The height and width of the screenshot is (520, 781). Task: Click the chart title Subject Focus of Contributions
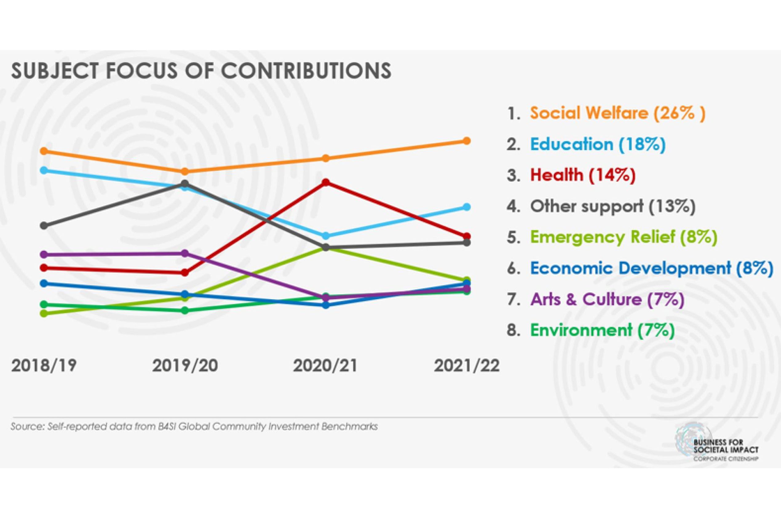(201, 71)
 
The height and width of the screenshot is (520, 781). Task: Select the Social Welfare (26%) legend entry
(617, 113)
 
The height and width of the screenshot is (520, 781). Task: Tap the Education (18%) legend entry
(597, 144)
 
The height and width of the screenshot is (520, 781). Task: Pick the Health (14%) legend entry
(582, 175)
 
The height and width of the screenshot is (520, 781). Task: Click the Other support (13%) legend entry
(613, 206)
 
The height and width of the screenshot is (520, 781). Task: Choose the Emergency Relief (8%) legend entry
(623, 237)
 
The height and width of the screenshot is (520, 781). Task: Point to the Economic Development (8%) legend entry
(651, 268)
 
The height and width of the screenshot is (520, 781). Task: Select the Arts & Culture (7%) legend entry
(607, 299)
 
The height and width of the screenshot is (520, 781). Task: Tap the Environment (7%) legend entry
(602, 330)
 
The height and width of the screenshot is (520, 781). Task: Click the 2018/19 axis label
(44, 366)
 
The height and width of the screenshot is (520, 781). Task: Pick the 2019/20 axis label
(185, 366)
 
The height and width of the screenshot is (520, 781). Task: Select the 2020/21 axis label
(325, 366)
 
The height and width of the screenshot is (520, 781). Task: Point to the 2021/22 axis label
(466, 366)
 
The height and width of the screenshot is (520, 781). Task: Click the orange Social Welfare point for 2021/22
(466, 141)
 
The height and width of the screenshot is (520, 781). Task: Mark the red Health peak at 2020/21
(326, 182)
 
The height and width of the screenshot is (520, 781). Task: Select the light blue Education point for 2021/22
(466, 207)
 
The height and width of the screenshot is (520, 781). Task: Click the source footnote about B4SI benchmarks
(194, 427)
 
